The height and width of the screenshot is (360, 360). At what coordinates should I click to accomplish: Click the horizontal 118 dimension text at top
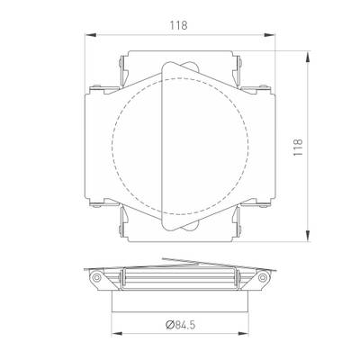178,25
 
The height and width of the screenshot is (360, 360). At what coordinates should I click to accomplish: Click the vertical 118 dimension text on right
299,148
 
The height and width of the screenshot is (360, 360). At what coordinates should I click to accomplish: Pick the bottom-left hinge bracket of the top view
122,232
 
